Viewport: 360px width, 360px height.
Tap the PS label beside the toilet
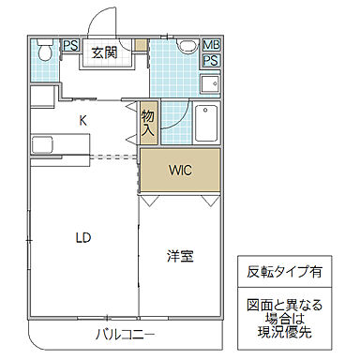(71, 45)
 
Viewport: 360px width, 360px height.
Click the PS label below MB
(211, 60)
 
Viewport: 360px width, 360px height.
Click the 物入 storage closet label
(147, 122)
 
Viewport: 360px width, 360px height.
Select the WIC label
(180, 171)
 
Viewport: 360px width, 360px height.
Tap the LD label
(83, 237)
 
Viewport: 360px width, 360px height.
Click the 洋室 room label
(180, 255)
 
